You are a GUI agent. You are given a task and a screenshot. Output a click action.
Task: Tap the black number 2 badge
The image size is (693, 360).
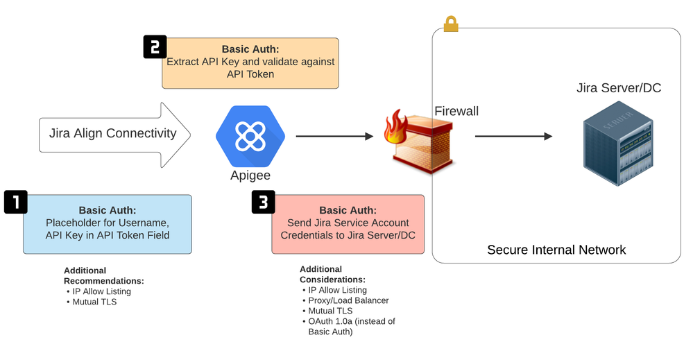155,46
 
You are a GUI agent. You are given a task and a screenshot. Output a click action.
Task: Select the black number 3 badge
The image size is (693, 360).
263,202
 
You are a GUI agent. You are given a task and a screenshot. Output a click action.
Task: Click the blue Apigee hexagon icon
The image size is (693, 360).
250,135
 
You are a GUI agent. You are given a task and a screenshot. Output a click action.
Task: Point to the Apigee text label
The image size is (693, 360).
250,175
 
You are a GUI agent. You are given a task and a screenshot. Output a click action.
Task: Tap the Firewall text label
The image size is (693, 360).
456,111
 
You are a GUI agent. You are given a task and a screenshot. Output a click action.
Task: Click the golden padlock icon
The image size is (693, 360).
451,24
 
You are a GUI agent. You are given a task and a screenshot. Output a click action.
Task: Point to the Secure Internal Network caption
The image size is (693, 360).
556,250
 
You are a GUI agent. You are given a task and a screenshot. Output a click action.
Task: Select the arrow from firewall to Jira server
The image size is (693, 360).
513,137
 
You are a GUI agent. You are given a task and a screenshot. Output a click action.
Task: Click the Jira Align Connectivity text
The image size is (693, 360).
112,133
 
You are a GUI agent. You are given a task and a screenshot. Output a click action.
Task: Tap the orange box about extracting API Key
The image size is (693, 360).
250,63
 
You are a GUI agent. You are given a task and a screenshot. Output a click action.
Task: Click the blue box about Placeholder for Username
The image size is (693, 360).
107,223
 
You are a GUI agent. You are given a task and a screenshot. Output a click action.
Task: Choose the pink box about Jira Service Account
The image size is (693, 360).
348,223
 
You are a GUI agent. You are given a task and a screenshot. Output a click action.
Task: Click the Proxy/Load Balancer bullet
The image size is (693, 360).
348,300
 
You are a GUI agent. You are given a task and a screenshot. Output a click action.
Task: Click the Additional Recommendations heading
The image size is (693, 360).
104,275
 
